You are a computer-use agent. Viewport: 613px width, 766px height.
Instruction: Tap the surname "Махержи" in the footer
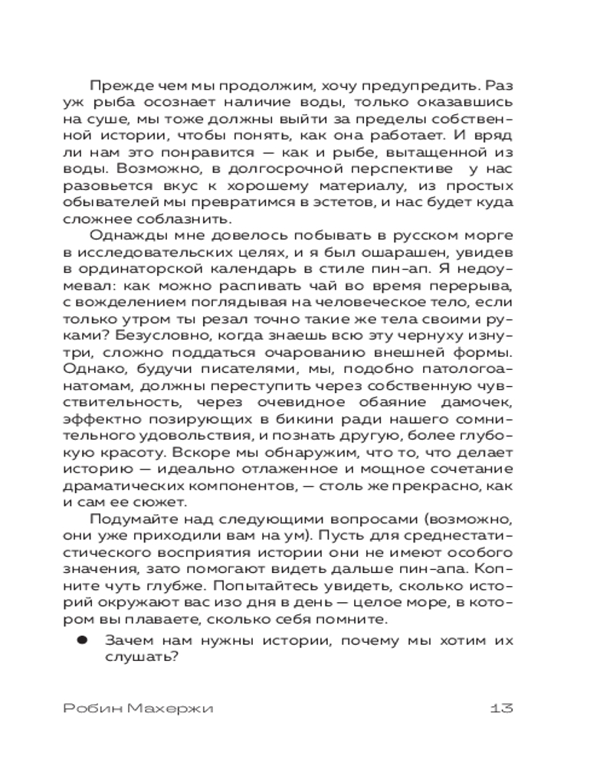[x=172, y=708]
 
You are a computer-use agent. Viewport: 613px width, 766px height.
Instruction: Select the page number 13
[x=500, y=708]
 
